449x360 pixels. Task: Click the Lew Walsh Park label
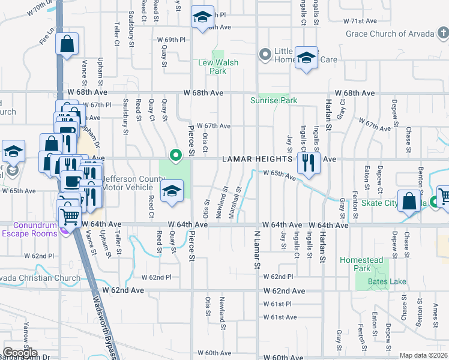coord(218,67)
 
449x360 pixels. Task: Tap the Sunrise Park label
coord(270,100)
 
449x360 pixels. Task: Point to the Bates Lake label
coord(382,281)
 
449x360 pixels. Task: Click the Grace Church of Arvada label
coord(390,33)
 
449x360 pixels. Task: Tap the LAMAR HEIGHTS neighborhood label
coord(258,160)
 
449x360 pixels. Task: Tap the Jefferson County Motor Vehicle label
coord(131,182)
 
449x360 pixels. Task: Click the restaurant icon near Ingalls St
coord(309,163)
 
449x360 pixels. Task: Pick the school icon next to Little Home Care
coord(307,58)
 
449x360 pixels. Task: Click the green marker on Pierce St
coord(176,156)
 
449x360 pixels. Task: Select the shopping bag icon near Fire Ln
coord(67,44)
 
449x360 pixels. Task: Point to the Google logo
coord(20,353)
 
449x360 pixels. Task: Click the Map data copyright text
coord(423,355)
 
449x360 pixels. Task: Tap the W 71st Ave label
coord(360,20)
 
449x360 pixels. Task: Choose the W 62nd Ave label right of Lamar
coord(284,290)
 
